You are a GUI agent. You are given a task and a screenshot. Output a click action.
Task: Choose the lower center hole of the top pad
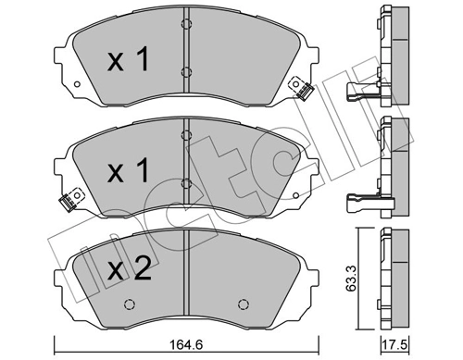[x=185, y=72]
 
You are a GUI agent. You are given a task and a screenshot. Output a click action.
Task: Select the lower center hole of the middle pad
[x=185, y=183]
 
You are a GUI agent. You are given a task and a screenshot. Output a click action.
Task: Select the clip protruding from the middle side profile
[x=357, y=196]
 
